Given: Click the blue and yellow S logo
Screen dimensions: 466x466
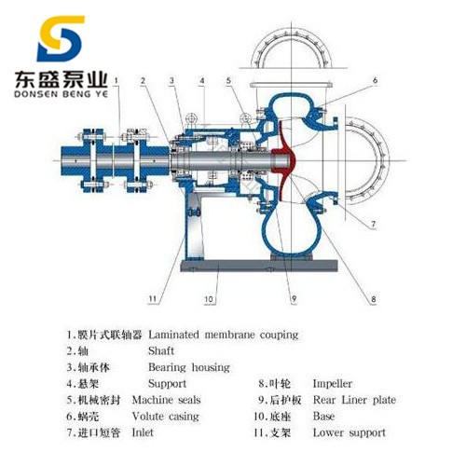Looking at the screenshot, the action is pos(60,38).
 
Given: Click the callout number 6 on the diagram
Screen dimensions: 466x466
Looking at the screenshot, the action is pos(375,80).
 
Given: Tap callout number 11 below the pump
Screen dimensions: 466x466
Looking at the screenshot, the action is pos(152,299).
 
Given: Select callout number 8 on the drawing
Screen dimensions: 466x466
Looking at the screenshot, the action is pos(373,299).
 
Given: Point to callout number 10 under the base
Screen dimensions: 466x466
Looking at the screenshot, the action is pos(209,299).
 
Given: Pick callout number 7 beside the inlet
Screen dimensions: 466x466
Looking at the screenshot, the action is pos(373,224).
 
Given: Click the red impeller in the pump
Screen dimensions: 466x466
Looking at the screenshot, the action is pos(283,160).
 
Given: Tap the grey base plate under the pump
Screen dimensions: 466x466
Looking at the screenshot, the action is pos(259,266).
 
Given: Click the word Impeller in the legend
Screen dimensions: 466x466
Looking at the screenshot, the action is pos(332,384).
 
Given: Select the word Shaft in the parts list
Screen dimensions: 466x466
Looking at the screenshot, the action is pos(161,351).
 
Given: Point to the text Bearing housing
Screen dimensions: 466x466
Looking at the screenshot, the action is pos(189,367).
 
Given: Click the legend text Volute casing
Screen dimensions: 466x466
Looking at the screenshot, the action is pos(166,417).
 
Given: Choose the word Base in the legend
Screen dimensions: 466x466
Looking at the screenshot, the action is pos(323,417).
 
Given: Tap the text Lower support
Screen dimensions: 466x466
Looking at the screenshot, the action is pos(349,432).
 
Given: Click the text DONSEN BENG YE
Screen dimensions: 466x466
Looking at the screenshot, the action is pos(61,93).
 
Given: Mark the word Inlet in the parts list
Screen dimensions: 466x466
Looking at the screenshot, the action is pos(143,432).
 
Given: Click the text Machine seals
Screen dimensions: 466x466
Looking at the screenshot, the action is pos(166,400).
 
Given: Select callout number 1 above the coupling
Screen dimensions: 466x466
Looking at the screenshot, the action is pos(116,80).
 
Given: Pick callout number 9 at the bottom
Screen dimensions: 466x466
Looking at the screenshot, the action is pos(294,299).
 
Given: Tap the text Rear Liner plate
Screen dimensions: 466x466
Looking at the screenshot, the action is pos(354,400).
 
